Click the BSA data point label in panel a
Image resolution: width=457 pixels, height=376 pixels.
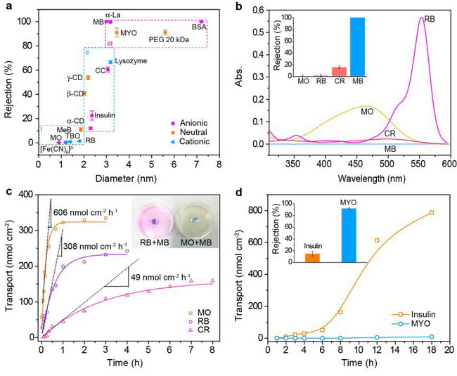199,27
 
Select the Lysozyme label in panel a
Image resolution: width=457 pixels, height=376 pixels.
131,61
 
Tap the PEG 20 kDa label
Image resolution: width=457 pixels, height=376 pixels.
169,39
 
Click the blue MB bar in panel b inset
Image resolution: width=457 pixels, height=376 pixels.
357,47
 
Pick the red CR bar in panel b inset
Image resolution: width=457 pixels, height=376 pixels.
340,72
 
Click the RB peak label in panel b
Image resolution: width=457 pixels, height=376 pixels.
430,19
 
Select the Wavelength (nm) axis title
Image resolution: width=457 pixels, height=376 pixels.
372,179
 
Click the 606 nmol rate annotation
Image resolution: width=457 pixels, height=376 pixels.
85,212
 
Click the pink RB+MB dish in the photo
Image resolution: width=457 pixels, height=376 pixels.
154,221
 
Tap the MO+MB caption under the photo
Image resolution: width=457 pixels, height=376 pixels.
196,242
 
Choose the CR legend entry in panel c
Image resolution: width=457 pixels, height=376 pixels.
199,330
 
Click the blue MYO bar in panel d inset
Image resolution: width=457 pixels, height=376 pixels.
349,235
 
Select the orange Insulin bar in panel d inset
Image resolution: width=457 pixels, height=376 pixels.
312,258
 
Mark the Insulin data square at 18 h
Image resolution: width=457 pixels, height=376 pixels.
432,213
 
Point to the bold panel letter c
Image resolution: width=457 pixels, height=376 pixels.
8,192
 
